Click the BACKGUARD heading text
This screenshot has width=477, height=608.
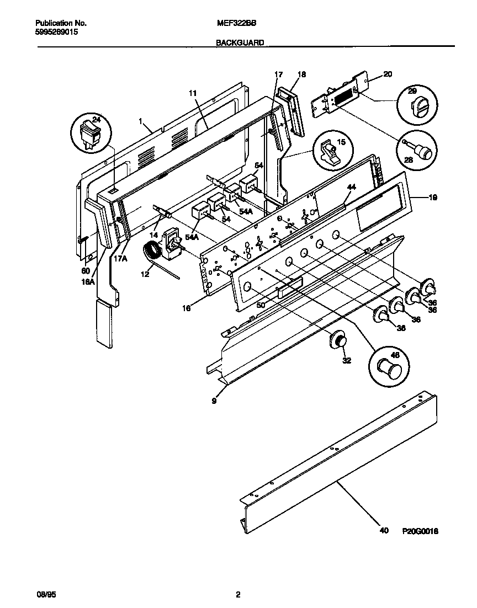coord(240,42)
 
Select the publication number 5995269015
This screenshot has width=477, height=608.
coord(56,33)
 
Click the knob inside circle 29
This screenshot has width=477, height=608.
coord(416,106)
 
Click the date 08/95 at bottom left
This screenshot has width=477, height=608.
coord(42,595)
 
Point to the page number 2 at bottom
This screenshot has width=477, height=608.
coord(238,595)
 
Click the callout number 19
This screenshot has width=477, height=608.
coord(433,197)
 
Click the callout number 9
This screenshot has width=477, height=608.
coord(214,401)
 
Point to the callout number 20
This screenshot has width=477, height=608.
coord(388,74)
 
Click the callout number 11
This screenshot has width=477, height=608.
coord(193,94)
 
